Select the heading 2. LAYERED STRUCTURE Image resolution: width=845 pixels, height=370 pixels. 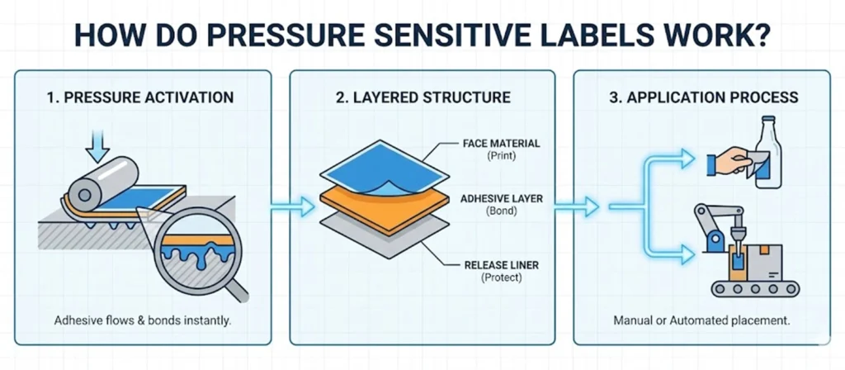tap(422, 97)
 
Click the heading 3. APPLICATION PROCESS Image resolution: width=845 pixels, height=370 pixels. tap(704, 97)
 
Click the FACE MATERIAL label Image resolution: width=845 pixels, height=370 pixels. tap(501, 144)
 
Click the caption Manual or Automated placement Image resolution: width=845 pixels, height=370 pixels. tap(704, 320)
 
